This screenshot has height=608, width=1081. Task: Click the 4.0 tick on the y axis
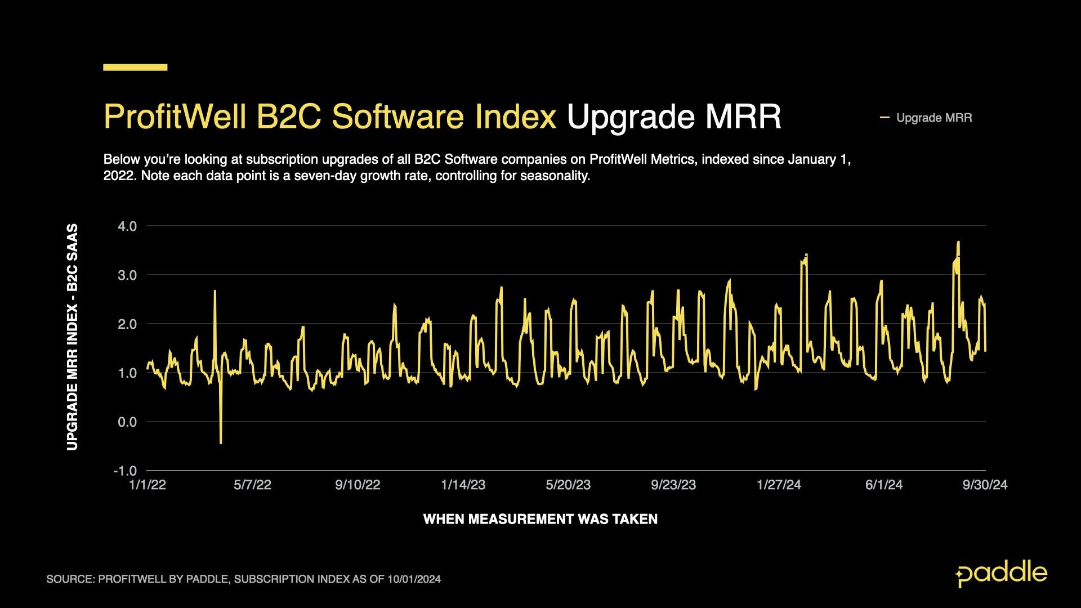tap(127, 226)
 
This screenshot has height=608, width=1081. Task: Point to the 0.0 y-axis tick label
tap(127, 422)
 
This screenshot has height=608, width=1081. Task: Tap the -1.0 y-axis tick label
tap(125, 471)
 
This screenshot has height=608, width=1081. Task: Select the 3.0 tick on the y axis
tap(127, 275)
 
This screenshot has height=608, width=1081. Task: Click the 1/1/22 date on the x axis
tap(148, 485)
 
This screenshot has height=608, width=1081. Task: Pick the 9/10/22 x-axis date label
tap(358, 485)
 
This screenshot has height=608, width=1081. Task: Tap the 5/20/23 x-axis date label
tap(568, 485)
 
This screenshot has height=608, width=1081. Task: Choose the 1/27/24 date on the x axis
tap(779, 485)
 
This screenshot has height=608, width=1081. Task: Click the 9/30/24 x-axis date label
tap(985, 485)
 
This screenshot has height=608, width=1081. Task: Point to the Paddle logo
tap(1001, 574)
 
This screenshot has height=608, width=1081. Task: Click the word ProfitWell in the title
tap(175, 117)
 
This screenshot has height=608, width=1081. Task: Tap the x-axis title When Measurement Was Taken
tap(540, 519)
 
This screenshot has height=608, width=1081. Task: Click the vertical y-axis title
tap(72, 337)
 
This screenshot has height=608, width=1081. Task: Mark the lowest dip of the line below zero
tap(221, 443)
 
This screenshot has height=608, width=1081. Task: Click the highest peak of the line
tap(958, 242)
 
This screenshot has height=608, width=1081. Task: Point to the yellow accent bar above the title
tap(135, 68)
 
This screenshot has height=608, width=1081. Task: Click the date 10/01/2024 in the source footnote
tap(414, 579)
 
